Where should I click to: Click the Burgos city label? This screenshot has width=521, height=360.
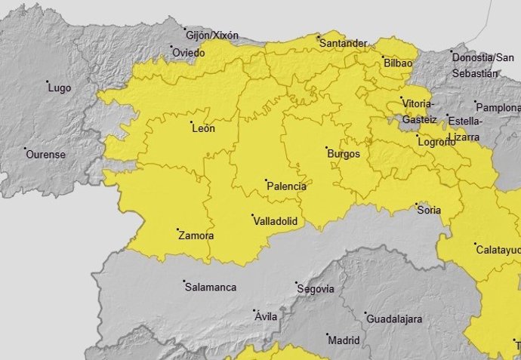tap(344, 154)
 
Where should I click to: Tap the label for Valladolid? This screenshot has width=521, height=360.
tap(275, 221)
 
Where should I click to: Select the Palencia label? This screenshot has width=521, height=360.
tap(287, 186)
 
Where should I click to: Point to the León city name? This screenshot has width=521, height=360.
tap(204, 128)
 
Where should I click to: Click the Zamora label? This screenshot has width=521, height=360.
tap(196, 236)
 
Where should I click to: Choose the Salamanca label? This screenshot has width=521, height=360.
tap(210, 288)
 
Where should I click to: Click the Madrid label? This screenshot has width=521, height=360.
tap(344, 340)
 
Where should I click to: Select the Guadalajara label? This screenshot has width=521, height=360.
tap(393, 319)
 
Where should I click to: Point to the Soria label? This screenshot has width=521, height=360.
tap(429, 211)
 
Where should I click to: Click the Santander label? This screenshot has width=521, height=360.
tap(344, 44)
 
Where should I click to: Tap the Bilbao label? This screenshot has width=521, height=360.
tap(398, 63)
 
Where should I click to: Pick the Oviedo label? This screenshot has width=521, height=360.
tap(188, 53)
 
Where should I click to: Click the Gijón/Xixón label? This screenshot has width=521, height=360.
tap(211, 35)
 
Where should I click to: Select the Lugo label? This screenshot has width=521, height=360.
tap(59, 88)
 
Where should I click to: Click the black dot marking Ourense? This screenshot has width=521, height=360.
tap(25, 149)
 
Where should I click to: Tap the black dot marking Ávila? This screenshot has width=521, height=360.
tap(254, 310)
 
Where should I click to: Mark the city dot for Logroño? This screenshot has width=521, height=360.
tap(418, 136)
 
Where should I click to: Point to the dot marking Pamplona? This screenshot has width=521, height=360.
tap(476, 103)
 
